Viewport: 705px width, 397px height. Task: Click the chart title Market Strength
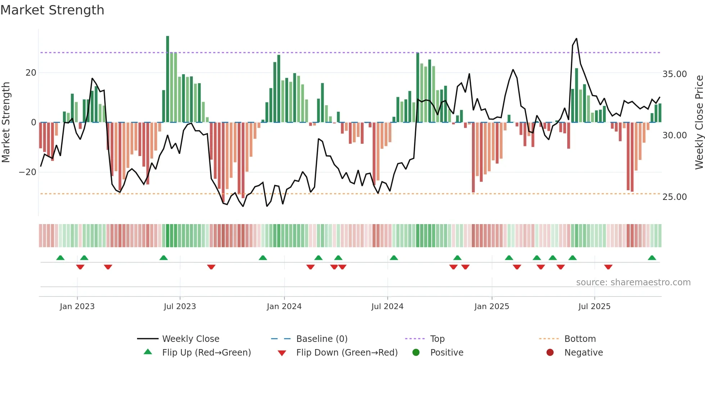pos(52,10)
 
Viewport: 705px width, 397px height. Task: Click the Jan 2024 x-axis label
pos(284,307)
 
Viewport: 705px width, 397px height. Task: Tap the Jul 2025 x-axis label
pos(594,307)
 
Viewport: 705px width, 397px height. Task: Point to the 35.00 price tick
pos(674,74)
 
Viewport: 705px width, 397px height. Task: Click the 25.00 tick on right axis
pos(674,197)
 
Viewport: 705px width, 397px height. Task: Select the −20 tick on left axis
pos(28,172)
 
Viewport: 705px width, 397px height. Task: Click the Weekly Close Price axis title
pos(699,122)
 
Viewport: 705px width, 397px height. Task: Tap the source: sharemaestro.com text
pos(633,282)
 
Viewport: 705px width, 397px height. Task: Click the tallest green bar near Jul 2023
pos(168,79)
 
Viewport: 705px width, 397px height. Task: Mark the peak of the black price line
pos(577,39)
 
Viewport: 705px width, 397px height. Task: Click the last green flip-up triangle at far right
pos(652,258)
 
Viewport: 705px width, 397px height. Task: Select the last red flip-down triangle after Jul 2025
pos(608,267)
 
